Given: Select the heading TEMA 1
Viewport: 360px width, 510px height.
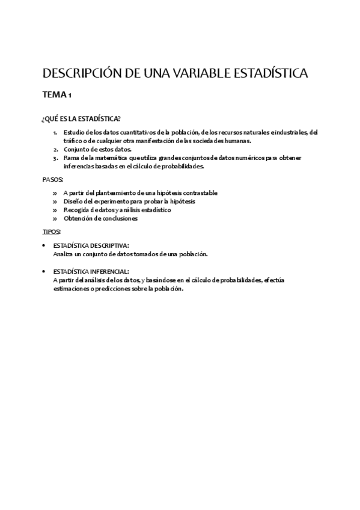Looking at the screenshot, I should [x=57, y=95].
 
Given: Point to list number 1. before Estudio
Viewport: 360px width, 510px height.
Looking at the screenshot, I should [x=55, y=132].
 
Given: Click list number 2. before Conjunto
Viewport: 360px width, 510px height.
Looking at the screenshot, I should [x=55, y=149].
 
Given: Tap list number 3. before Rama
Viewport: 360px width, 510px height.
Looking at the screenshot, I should [x=55, y=158].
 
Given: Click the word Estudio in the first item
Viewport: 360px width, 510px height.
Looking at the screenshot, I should [x=73, y=132].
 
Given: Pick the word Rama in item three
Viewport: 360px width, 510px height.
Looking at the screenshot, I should [x=70, y=158].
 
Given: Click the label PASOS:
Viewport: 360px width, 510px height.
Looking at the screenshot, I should [x=53, y=180].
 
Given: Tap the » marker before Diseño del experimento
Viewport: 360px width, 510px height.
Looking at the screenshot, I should [x=55, y=201].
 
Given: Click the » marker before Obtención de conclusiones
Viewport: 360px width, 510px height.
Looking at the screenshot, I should [x=55, y=218].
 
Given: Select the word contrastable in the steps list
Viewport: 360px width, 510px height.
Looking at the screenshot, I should [x=200, y=193].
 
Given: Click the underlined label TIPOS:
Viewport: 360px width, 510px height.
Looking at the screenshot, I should [x=51, y=232].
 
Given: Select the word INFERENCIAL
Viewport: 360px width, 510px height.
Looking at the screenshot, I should [x=109, y=271].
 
